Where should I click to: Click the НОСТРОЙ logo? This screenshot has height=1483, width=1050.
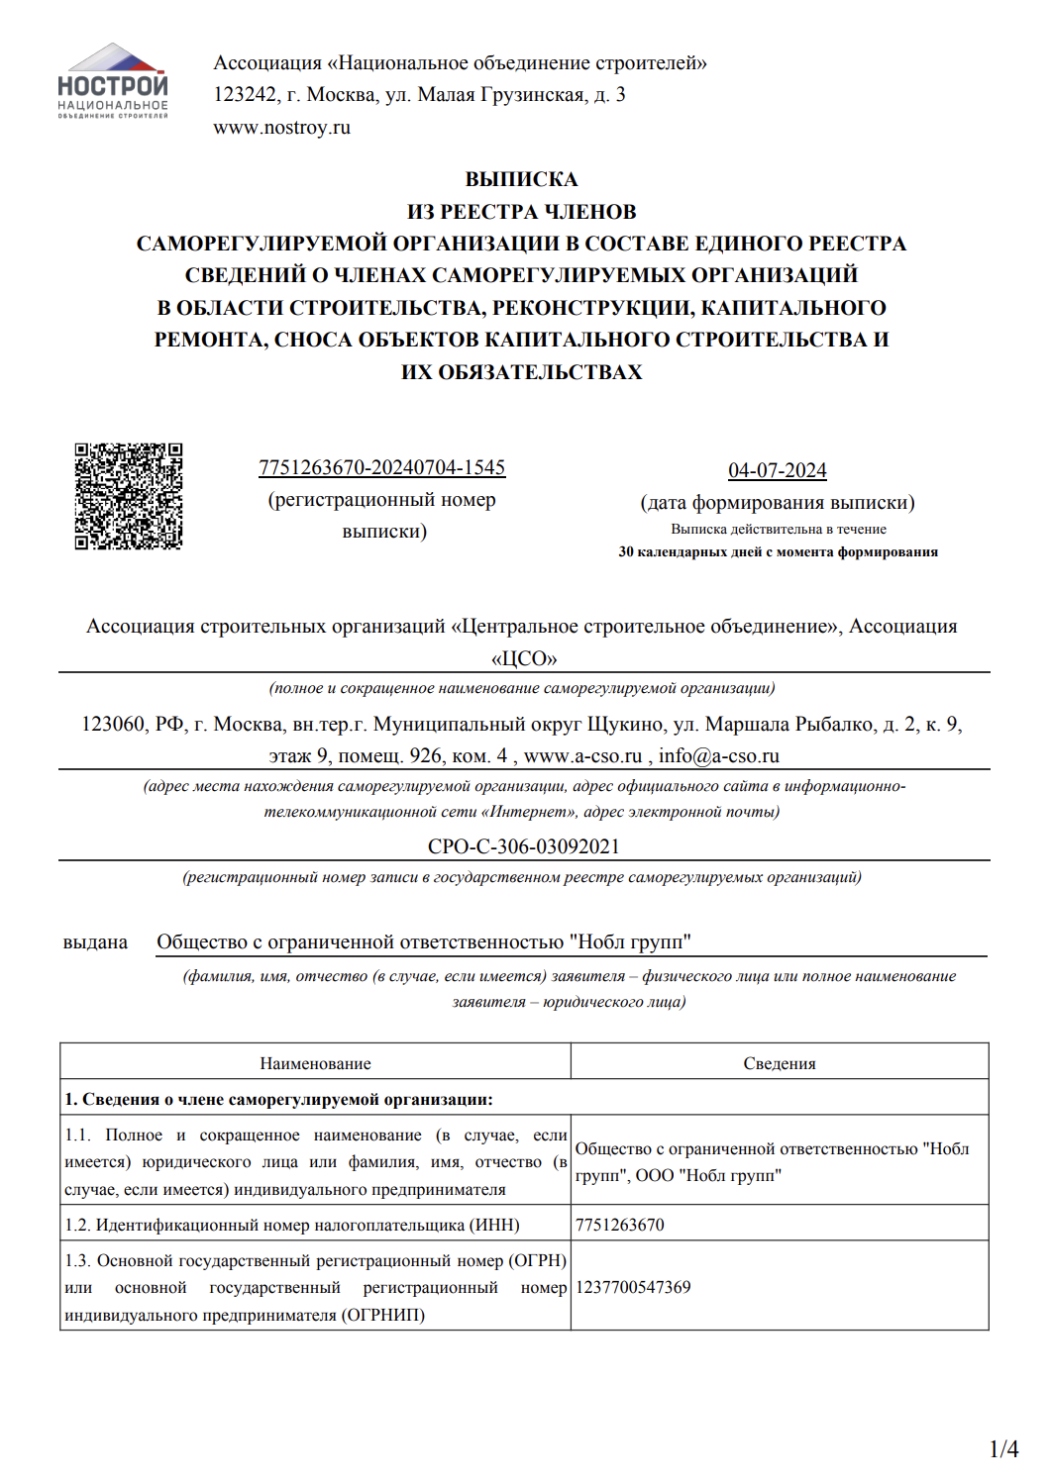pos(113,81)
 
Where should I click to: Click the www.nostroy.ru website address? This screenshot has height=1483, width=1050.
pos(281,128)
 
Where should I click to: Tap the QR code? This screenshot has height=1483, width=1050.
pos(129,496)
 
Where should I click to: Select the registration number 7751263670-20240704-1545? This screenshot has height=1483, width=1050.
pos(381,467)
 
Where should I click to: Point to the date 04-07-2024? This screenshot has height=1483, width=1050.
pos(777,470)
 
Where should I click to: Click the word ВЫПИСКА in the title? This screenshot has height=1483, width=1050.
pos(521,179)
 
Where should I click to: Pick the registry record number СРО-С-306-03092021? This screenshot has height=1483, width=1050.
pos(523,846)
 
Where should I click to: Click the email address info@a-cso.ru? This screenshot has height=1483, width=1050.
pos(718,756)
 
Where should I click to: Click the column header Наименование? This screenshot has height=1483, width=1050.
pos(315,1063)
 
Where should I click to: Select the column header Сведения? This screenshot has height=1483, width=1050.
pos(780,1063)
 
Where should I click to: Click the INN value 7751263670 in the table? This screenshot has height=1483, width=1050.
pos(620,1225)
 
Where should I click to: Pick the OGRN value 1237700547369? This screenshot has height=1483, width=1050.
pos(633,1287)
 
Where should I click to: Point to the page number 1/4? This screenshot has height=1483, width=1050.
pos(1003,1449)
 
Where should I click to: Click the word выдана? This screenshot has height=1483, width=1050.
pos(95,942)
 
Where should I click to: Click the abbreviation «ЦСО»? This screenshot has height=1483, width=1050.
pos(524,658)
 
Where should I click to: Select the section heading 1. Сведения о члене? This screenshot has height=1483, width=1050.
pos(278,1099)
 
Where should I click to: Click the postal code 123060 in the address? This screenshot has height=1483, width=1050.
pos(113,725)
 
